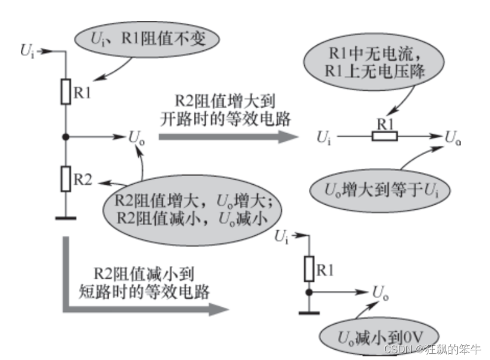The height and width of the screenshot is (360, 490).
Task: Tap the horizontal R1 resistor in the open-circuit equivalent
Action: (385, 136)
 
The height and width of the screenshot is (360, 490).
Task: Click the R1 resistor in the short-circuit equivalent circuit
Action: (309, 269)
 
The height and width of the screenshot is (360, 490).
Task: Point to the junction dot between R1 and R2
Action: (66, 137)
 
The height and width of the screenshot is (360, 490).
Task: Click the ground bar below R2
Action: (66, 217)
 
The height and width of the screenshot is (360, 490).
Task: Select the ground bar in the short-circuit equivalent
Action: (309, 311)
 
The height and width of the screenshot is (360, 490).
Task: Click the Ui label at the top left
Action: (27, 50)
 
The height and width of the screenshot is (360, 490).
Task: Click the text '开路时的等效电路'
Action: (224, 120)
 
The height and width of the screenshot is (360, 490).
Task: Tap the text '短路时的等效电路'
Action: (143, 292)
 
